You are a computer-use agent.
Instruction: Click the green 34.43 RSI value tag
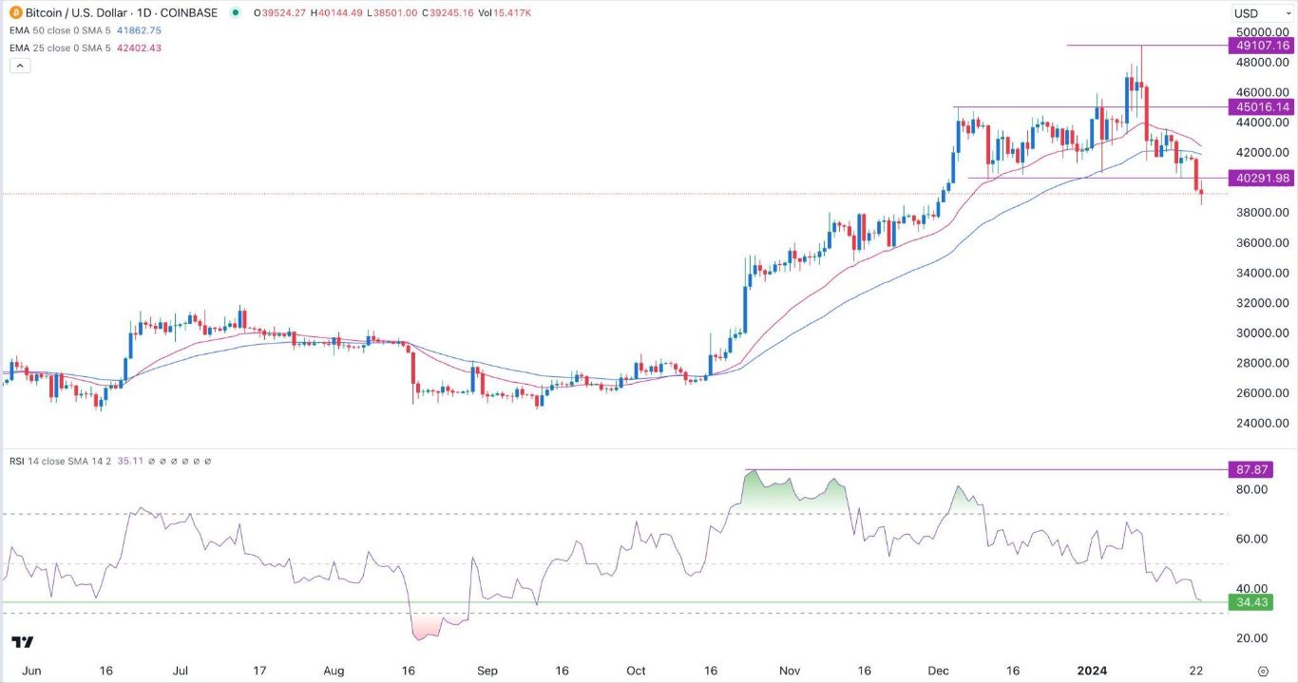click(x=1249, y=602)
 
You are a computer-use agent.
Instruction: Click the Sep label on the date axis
click(x=487, y=671)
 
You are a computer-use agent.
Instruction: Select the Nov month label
click(x=789, y=671)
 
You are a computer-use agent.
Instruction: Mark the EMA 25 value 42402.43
click(x=139, y=47)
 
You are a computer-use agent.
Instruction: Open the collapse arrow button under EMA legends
click(x=20, y=66)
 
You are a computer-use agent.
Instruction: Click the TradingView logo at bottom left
click(x=24, y=642)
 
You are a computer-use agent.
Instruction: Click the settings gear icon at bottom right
click(x=1263, y=671)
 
